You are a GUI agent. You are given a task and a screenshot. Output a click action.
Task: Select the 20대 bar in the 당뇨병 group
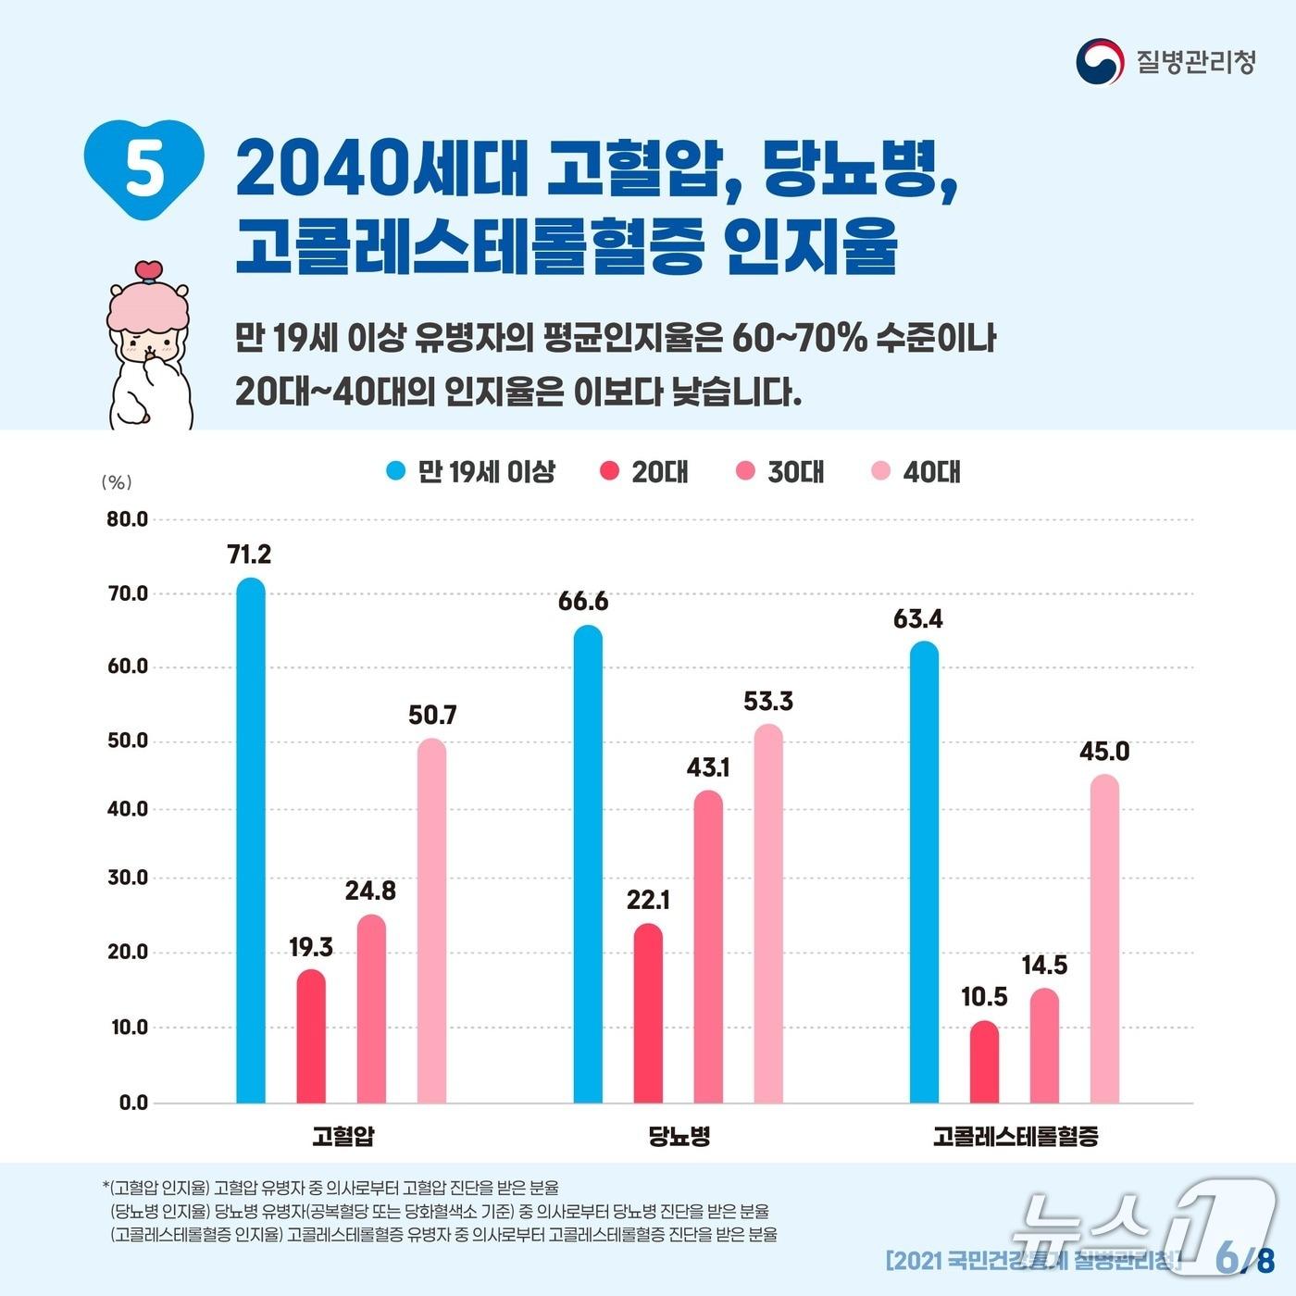coord(648,1014)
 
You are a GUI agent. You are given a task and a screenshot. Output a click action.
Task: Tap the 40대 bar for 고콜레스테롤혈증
coord(1104,939)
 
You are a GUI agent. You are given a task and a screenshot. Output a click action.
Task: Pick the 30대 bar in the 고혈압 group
coord(371,1009)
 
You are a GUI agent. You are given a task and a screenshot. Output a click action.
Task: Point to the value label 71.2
coord(249,555)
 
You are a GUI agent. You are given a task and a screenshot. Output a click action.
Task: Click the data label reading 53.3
coord(768,702)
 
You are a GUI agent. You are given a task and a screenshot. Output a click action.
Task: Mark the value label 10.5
coord(984,997)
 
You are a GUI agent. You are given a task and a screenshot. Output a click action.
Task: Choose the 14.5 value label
coord(1044,966)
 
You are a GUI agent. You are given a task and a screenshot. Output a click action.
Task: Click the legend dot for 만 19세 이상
coord(396,471)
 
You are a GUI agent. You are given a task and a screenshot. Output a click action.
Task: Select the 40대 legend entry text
coord(931,472)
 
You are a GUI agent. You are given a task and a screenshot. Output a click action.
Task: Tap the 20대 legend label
coord(660,472)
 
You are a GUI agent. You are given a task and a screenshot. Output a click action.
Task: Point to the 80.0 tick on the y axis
coord(128,519)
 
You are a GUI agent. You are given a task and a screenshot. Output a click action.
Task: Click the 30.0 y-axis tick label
coord(128,878)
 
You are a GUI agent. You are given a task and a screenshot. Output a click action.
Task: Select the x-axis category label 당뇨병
coord(680,1136)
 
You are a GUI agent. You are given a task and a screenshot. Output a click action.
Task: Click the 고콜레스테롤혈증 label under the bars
coord(1016,1136)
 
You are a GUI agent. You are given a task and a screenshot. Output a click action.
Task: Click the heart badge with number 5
coord(143,168)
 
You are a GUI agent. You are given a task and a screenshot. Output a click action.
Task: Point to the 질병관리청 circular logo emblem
coord(1099,61)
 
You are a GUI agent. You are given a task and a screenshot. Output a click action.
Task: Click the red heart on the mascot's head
coord(148,270)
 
